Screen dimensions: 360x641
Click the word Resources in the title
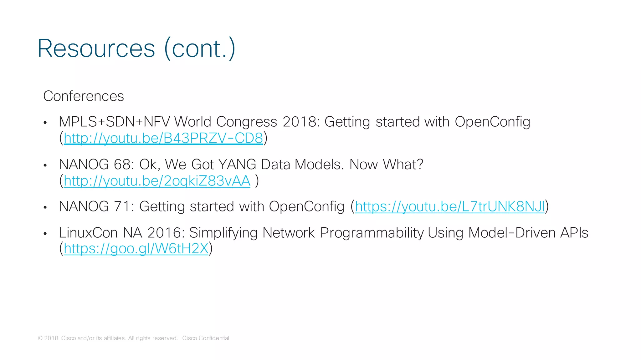96,48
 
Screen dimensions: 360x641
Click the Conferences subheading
84,96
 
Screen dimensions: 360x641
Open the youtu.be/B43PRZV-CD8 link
163,138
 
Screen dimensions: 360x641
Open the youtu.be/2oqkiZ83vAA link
157,181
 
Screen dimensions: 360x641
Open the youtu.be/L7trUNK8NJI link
450,206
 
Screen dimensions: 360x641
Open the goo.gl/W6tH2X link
136,249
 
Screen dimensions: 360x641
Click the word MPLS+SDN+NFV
115,122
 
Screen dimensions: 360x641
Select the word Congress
246,122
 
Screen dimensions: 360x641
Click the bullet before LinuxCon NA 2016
45,234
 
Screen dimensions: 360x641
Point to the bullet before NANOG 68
45,165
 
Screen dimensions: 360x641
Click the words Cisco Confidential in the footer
205,338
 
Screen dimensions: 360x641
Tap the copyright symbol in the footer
40,338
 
